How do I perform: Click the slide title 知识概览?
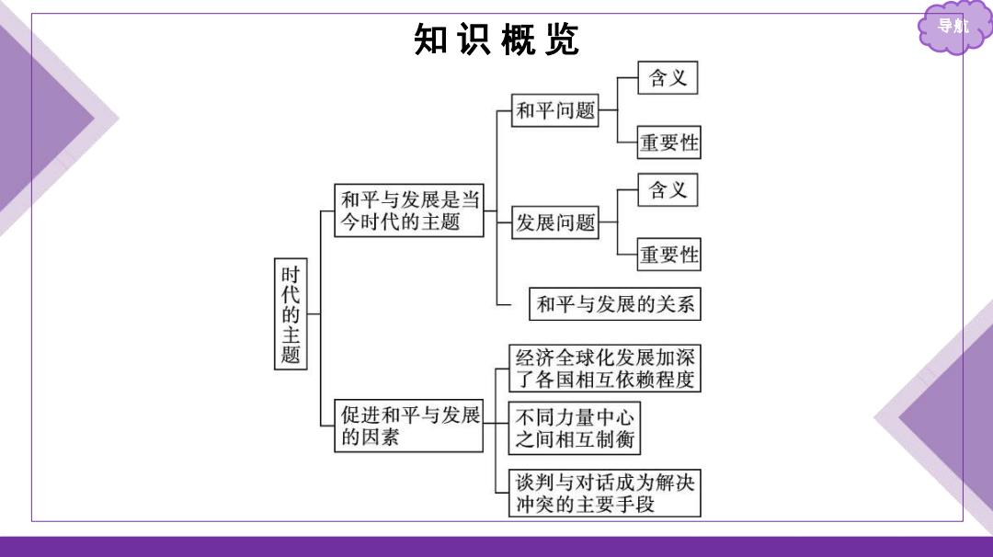(x=496, y=40)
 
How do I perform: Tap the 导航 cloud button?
(x=953, y=27)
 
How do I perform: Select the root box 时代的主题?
(x=291, y=314)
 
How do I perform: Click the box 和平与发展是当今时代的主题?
(x=409, y=210)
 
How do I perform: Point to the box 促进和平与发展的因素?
(x=409, y=426)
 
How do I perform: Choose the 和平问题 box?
(x=554, y=110)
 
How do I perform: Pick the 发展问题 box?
(x=554, y=222)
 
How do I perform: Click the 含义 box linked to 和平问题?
(x=668, y=78)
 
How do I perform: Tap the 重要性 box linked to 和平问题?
(x=668, y=142)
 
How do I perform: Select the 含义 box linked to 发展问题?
(x=668, y=190)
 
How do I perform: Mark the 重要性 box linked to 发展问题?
(x=668, y=255)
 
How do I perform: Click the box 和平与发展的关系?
(x=615, y=304)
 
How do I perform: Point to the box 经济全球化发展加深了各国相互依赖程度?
(x=605, y=369)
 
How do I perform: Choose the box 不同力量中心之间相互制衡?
(x=575, y=428)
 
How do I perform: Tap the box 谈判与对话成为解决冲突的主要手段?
(x=605, y=493)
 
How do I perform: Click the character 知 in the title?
(x=431, y=40)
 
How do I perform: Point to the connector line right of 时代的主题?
(x=314, y=314)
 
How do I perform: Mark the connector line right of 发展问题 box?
(x=608, y=222)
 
